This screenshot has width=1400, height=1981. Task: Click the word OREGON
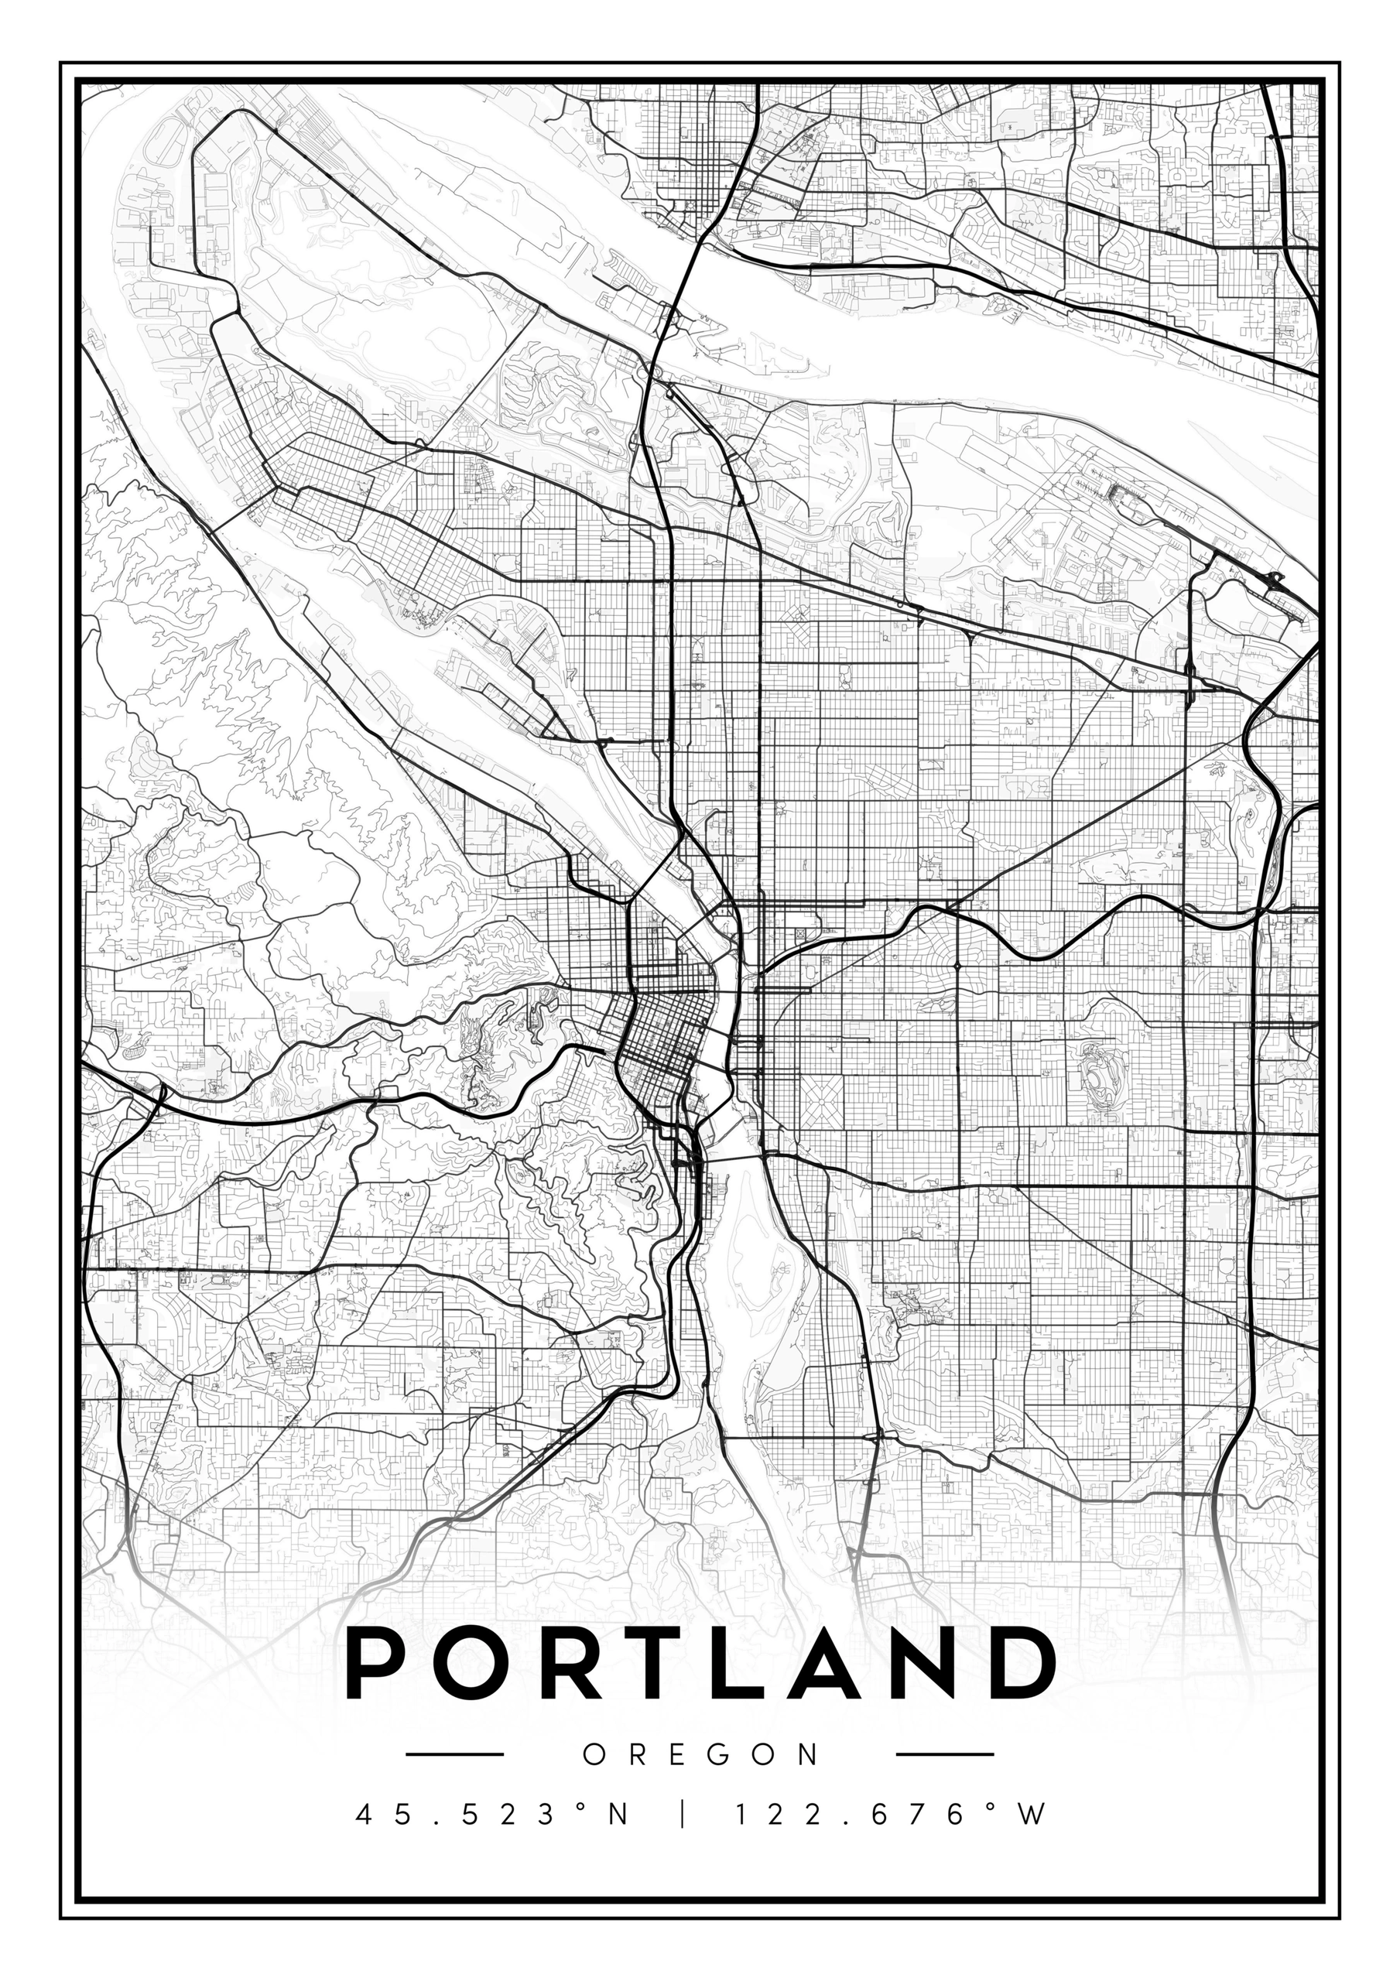point(700,1754)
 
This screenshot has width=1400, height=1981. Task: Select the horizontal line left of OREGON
point(454,1754)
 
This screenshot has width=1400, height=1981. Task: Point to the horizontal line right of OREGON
point(946,1754)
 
